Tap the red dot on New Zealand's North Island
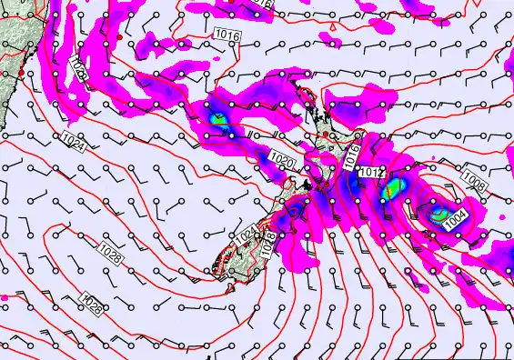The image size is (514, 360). (327, 135)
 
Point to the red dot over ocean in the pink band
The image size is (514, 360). (119, 36)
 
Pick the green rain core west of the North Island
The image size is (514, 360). (217, 117)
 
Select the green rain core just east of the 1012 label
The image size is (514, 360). (394, 189)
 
